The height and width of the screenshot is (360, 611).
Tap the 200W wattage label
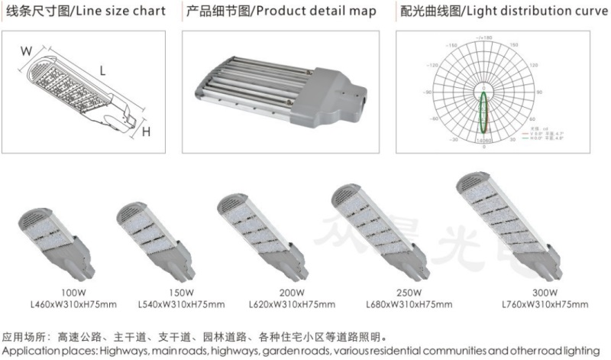point(292,293)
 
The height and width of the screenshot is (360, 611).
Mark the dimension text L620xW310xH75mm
point(292,304)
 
